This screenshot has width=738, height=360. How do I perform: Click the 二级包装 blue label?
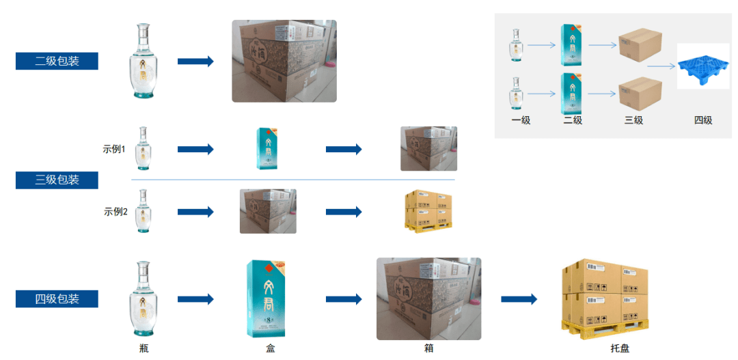click(x=57, y=61)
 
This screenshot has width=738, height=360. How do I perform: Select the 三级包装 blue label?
click(x=57, y=180)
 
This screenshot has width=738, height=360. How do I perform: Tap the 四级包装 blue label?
click(x=57, y=299)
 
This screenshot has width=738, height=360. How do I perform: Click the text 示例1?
click(x=114, y=149)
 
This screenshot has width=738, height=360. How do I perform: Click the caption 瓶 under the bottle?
click(x=143, y=348)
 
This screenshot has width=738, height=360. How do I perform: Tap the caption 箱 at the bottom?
click(x=428, y=348)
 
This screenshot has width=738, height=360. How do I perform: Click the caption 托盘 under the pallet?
click(x=620, y=348)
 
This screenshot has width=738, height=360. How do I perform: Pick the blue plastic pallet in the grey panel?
click(x=703, y=66)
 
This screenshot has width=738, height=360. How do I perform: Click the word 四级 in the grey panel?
click(x=703, y=120)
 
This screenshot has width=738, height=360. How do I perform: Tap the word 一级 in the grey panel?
click(x=521, y=120)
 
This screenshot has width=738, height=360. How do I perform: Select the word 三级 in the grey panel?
click(x=633, y=120)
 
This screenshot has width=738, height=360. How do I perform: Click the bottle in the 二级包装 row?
click(x=143, y=62)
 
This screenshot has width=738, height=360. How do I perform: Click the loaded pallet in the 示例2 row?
click(x=428, y=210)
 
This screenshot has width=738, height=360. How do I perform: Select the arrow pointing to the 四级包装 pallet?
click(x=519, y=299)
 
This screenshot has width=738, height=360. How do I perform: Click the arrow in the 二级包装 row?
click(x=195, y=61)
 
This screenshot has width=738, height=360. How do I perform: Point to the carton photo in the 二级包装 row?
click(x=284, y=61)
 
